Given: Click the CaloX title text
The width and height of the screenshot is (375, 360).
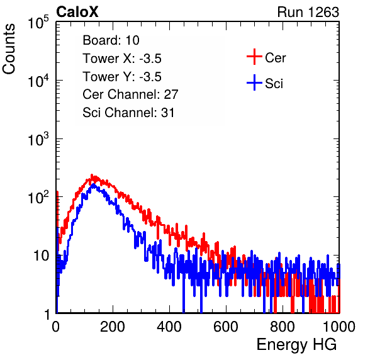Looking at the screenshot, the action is (x=77, y=12).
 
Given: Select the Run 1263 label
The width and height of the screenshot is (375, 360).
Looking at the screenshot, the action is (x=308, y=12).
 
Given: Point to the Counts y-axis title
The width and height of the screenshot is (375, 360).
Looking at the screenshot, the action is (x=9, y=49).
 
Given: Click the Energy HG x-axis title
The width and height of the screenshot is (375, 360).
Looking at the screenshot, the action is (x=296, y=345).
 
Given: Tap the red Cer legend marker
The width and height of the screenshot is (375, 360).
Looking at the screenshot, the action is (x=254, y=57).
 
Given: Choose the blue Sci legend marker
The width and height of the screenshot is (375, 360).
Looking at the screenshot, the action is (x=254, y=82).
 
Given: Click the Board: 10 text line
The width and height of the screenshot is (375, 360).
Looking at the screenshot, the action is (x=111, y=40).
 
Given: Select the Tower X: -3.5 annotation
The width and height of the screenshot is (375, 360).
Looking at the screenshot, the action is (x=122, y=59).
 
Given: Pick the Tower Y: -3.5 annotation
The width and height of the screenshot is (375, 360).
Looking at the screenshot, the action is (x=122, y=77).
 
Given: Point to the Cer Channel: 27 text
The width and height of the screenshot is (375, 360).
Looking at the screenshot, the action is (x=130, y=94).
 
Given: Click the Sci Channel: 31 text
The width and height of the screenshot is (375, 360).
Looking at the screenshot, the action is (x=128, y=113).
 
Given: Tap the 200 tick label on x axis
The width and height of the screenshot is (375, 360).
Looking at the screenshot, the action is (x=113, y=327).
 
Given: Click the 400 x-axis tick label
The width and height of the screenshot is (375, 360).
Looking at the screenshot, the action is (x=169, y=327).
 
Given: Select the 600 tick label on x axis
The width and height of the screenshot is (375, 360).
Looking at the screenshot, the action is (x=226, y=327).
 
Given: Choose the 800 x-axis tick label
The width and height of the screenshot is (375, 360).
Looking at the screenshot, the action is (x=283, y=327).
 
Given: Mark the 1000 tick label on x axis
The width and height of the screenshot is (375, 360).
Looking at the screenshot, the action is (x=339, y=327).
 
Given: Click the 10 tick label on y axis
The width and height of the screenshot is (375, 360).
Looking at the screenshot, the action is (x=42, y=256).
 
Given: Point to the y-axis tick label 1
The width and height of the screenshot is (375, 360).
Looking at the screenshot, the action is (x=47, y=314).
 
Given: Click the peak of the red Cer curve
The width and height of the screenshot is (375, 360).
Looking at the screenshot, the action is (x=92, y=175).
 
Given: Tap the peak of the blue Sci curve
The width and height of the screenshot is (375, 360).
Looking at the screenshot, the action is (x=92, y=184).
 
